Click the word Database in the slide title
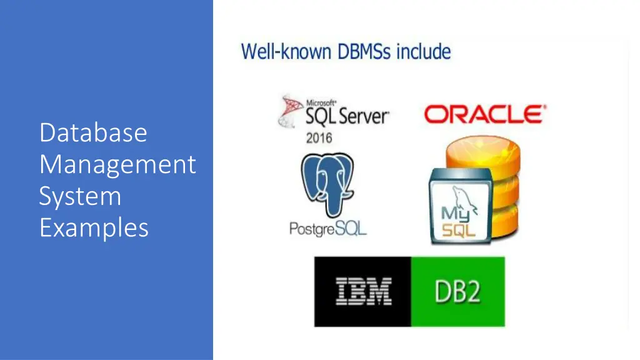click(93, 132)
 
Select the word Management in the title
click(117, 164)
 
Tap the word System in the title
click(80, 196)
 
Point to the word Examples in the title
click(94, 227)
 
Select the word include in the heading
click(423, 51)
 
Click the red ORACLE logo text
click(484, 114)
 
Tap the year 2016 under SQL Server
click(319, 137)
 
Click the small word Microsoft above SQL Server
click(321, 102)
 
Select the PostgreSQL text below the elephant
click(327, 229)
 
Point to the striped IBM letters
click(363, 292)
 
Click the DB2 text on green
click(457, 292)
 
